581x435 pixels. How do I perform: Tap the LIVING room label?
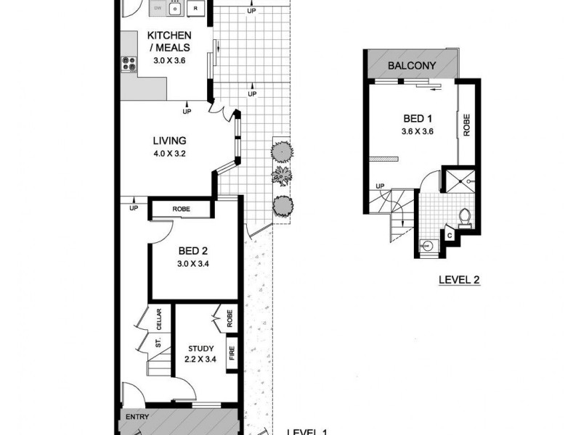(169, 141)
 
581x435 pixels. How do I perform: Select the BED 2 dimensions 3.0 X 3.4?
(194, 264)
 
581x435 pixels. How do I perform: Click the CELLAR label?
(158, 319)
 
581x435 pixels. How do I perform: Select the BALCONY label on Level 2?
(412, 66)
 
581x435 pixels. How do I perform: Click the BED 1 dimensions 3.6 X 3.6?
(418, 132)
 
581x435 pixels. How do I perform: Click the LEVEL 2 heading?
(460, 278)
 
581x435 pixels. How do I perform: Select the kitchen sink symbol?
(175, 8)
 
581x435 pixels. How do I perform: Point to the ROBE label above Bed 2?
(181, 210)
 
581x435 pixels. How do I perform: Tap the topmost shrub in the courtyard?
(282, 151)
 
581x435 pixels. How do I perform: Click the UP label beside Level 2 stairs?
(380, 186)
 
